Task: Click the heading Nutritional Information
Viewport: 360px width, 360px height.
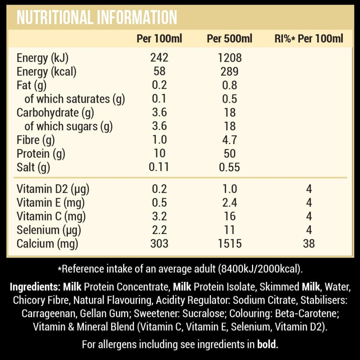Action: [97, 18]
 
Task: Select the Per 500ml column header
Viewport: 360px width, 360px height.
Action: [229, 39]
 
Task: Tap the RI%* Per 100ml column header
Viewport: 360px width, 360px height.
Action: [309, 39]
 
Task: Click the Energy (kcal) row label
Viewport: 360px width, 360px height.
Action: [46, 72]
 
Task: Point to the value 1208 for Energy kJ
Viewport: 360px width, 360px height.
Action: [229, 58]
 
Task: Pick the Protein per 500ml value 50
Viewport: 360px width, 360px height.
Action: [229, 154]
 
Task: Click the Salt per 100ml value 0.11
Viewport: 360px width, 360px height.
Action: [159, 167]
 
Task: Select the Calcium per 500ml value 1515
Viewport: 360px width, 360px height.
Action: [229, 244]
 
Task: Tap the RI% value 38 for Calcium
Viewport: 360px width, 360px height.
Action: [309, 244]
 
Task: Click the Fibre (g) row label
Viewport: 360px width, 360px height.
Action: [36, 140]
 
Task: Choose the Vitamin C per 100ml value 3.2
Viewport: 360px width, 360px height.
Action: [159, 216]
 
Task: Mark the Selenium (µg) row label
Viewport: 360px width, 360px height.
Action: [49, 230]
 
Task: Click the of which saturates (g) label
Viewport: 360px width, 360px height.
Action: [75, 99]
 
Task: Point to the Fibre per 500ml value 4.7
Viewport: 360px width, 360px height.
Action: [229, 140]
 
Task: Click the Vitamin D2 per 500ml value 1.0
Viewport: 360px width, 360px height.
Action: [229, 189]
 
